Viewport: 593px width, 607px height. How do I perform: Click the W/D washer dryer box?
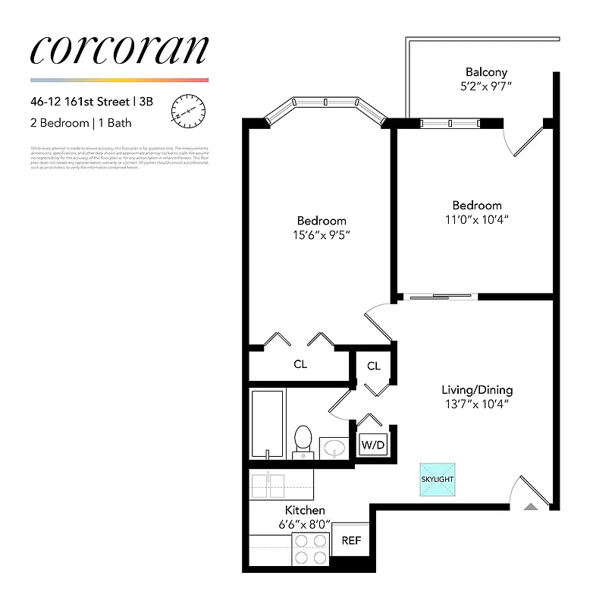tap(373, 444)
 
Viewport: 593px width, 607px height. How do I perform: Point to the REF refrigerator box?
tap(351, 541)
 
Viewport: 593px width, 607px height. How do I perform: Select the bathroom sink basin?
tap(334, 448)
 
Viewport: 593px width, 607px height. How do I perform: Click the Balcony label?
tap(487, 72)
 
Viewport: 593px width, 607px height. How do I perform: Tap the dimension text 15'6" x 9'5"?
tap(322, 235)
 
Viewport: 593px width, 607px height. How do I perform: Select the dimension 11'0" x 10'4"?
tap(477, 220)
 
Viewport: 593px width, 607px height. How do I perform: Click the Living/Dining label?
tap(477, 389)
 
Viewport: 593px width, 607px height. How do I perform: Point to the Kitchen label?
tap(305, 510)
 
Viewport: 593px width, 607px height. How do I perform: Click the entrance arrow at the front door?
tap(531, 504)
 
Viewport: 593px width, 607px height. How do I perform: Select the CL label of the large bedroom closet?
tap(300, 364)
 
